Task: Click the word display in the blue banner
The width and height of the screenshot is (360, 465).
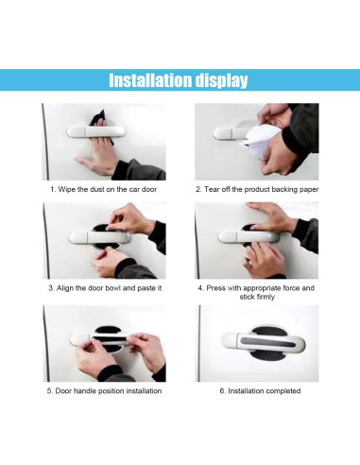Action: pyautogui.click(x=223, y=80)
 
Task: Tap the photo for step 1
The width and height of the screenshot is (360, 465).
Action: pyautogui.click(x=104, y=142)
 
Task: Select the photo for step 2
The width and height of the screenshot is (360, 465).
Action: pyautogui.click(x=256, y=142)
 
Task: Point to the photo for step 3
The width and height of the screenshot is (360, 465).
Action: pyautogui.click(x=104, y=241)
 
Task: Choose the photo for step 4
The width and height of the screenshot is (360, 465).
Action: pyautogui.click(x=256, y=241)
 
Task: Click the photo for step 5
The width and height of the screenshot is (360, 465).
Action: pyautogui.click(x=104, y=342)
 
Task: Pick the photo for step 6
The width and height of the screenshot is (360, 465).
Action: pyautogui.click(x=256, y=342)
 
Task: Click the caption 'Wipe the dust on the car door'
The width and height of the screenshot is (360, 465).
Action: pyautogui.click(x=104, y=189)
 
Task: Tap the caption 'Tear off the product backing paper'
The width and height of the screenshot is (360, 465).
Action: pyautogui.click(x=256, y=189)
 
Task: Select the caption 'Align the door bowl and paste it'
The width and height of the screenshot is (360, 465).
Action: pyautogui.click(x=104, y=287)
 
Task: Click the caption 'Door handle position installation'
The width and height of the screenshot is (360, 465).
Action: pyautogui.click(x=104, y=390)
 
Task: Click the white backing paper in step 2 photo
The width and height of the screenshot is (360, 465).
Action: pyautogui.click(x=262, y=142)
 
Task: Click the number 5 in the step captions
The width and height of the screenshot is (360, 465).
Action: pyautogui.click(x=49, y=390)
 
